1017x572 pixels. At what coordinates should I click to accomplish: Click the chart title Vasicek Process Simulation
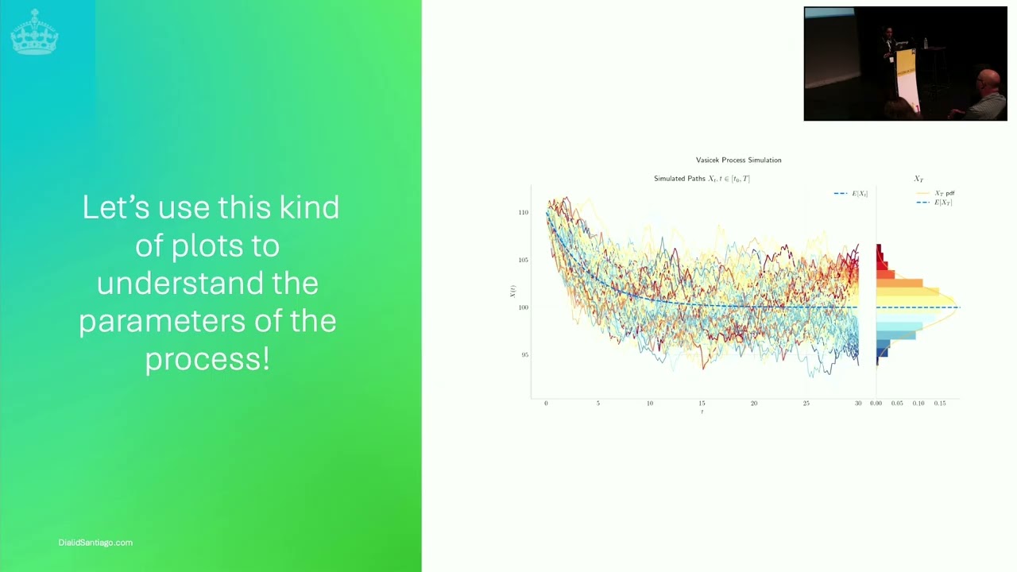coord(738,160)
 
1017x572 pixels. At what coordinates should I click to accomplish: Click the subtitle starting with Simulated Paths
coord(702,179)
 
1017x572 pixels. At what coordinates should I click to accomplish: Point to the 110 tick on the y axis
coord(523,213)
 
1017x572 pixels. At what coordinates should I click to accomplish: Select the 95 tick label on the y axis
coord(524,355)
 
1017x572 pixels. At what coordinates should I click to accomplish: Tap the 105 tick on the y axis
coord(523,260)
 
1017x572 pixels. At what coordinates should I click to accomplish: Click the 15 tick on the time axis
coord(702,404)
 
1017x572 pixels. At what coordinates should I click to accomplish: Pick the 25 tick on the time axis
coord(806,404)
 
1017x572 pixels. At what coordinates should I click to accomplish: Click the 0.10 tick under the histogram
coord(918,404)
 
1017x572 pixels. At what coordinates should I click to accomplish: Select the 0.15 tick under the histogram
coord(940,404)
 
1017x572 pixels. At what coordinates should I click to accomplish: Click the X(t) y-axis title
coord(512,292)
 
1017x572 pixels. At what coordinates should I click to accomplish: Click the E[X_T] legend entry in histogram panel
coord(942,203)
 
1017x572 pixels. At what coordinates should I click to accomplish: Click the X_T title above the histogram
coord(918,180)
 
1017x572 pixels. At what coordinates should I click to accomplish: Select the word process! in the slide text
coord(207,358)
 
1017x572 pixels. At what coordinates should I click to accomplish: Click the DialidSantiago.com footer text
coord(95,543)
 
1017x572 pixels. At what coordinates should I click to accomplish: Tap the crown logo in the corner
coord(34,32)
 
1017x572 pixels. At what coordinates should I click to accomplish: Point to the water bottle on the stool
coord(925,42)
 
